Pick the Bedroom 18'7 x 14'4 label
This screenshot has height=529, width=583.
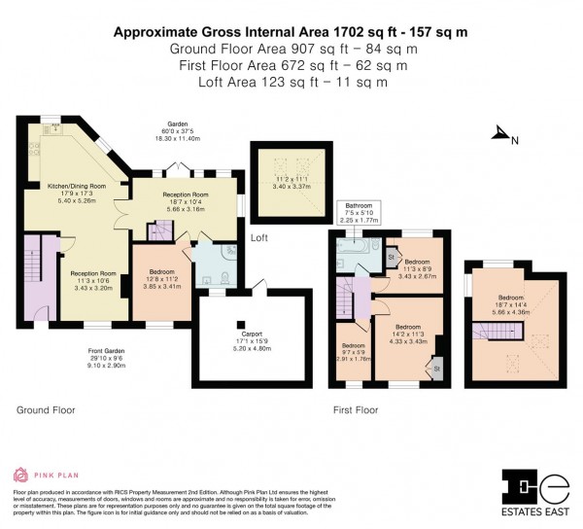pyautogui.click(x=511, y=302)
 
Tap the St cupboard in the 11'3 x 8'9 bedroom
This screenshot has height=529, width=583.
pyautogui.click(x=392, y=257)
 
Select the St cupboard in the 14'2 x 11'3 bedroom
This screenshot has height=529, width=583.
pyautogui.click(x=436, y=369)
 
